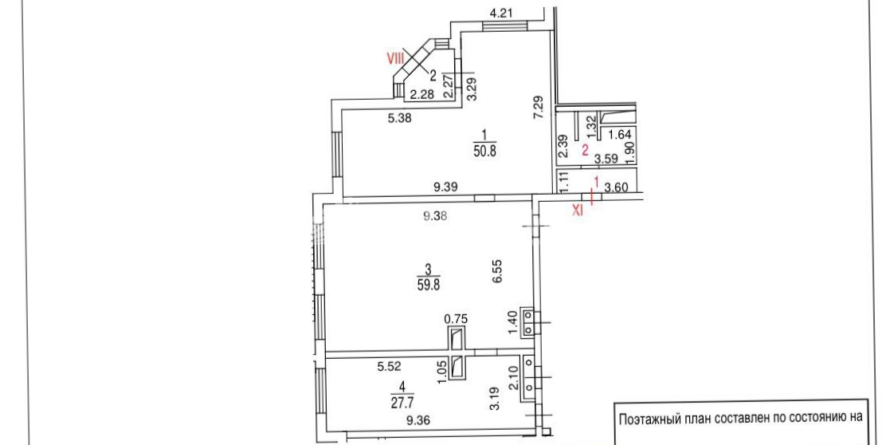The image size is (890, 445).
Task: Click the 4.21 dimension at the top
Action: [x=501, y=13]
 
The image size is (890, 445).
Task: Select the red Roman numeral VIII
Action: [x=396, y=58]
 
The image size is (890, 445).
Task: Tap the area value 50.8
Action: [x=484, y=152]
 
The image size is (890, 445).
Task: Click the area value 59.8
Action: [x=429, y=283]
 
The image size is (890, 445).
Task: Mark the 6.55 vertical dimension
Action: [x=498, y=272]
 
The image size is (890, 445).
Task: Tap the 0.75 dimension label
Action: [x=457, y=319]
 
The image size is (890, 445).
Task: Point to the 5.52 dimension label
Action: [x=390, y=368]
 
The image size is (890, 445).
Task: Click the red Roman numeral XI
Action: [x=577, y=210]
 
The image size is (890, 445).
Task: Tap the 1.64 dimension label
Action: [x=619, y=135]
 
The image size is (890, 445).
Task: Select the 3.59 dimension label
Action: [x=605, y=159]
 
